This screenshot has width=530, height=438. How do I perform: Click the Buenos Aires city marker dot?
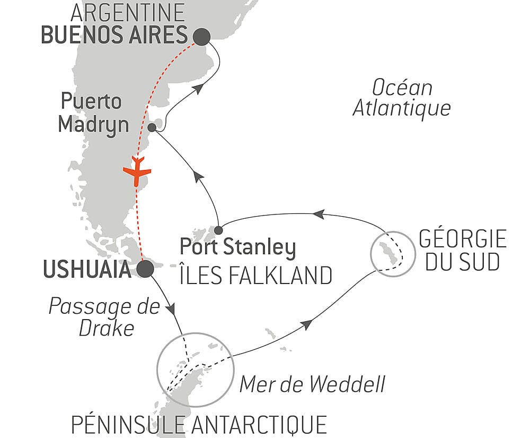point(202,37)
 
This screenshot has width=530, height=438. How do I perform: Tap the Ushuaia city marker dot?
point(145,269)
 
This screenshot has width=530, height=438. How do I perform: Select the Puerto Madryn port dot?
point(152,127)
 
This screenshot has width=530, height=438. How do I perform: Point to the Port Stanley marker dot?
point(218,230)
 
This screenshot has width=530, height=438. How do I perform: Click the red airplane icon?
point(137,171)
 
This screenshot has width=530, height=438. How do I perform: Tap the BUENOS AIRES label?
point(114,36)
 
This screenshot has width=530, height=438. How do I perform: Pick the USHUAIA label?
point(85,270)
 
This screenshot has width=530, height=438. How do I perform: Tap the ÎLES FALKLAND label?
point(255,275)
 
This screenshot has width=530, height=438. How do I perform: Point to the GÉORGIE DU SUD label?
point(462,251)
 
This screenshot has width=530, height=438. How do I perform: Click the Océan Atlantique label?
point(402,98)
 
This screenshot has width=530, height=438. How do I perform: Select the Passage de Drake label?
point(104,317)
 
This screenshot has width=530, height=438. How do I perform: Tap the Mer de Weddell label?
point(312,384)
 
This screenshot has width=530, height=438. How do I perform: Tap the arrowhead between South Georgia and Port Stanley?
point(318,214)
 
